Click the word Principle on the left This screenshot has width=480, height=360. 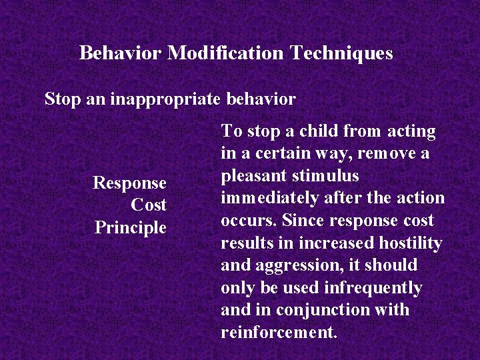(131, 227)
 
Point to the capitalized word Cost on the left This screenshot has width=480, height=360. (149, 205)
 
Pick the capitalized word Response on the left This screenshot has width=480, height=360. (129, 183)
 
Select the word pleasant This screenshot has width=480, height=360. (253, 177)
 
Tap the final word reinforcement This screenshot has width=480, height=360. (279, 333)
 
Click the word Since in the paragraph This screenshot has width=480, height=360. (299, 221)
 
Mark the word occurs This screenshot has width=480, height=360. (250, 221)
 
